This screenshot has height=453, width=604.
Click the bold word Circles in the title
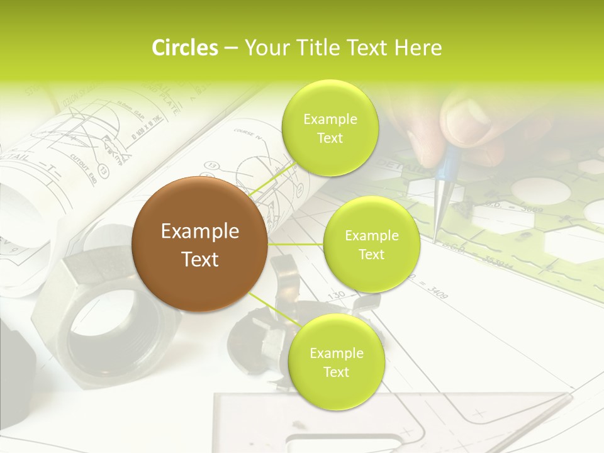[x=185, y=48]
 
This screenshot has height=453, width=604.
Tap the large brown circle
[x=199, y=244]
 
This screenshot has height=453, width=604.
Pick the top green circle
[x=330, y=128]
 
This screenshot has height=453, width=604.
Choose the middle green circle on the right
[x=371, y=244]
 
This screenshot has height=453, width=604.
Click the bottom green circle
[x=336, y=362]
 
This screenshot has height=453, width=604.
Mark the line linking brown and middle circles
[x=296, y=244]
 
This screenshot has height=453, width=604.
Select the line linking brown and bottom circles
[x=272, y=310]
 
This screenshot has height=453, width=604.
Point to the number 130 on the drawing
[x=337, y=294]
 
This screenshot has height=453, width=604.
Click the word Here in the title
[x=420, y=48]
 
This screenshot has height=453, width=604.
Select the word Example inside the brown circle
[x=199, y=232]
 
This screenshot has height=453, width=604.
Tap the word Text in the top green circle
[x=330, y=138]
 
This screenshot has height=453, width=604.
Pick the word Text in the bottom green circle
[x=336, y=372]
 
